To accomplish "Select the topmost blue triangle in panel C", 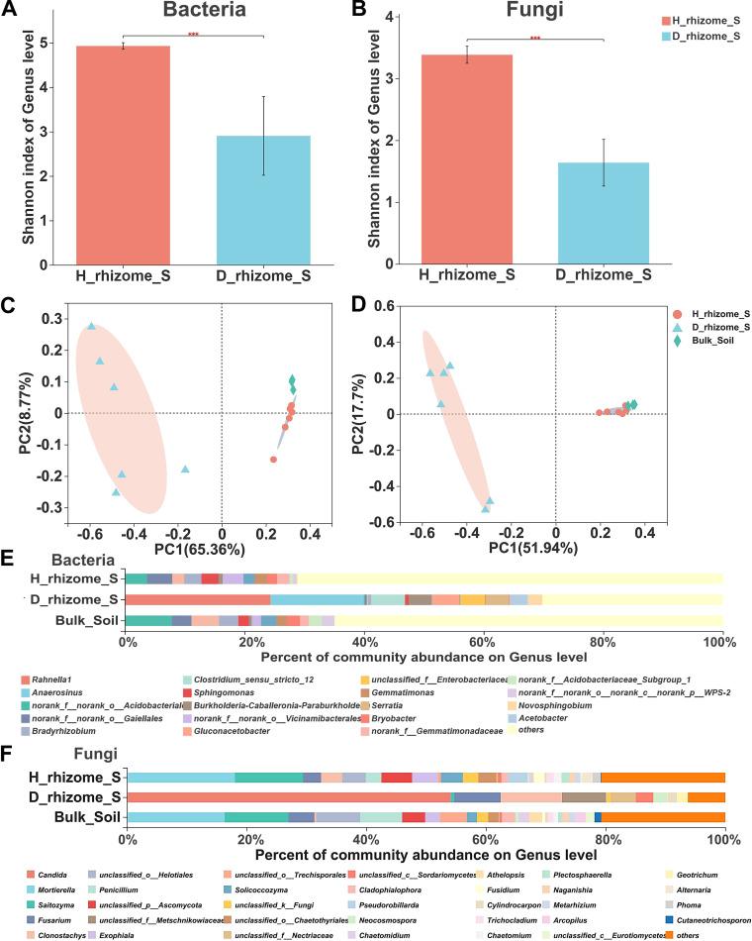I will coord(91,326).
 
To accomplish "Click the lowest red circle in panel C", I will coord(273,460).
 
